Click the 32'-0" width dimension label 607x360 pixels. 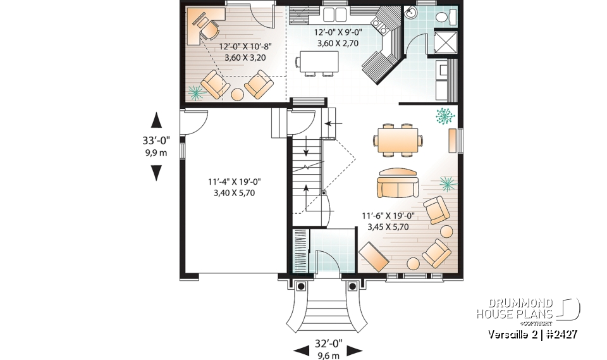(x=328, y=344)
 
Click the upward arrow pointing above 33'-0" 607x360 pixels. (x=156, y=120)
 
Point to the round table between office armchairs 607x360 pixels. (x=237, y=95)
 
